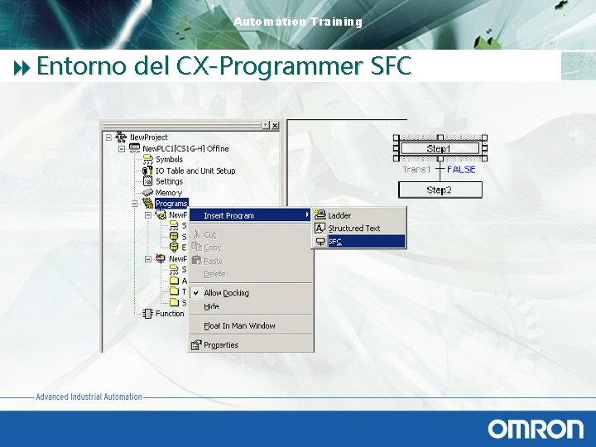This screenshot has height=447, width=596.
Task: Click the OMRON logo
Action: coord(536,428)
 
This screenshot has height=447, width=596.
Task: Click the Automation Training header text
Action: coord(298,22)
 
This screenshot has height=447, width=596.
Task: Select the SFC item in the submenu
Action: coord(335,242)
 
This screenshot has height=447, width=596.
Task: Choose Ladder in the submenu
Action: coord(339,215)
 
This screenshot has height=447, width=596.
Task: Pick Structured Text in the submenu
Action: coord(353,228)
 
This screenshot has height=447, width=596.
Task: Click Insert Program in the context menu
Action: coord(228,215)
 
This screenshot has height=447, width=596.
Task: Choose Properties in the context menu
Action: coord(220,345)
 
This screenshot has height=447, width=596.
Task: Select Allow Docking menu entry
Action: coord(226,293)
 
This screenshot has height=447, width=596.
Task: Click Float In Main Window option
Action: coord(239,325)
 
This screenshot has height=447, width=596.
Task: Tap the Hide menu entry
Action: coord(212,306)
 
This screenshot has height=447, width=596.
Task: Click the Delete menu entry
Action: coord(214,274)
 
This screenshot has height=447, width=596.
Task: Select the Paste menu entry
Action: coord(213,261)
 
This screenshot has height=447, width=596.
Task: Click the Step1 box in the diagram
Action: coord(439,149)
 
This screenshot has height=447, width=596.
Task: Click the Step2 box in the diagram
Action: coord(439,190)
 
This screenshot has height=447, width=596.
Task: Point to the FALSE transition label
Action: coord(461,170)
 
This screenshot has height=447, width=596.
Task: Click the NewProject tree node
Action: coord(149,137)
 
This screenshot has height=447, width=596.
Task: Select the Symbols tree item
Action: coord(169,160)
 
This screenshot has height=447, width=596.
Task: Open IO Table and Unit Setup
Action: coord(195,171)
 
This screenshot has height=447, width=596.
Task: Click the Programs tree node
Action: coord(171,203)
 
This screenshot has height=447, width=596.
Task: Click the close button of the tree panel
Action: coord(275,126)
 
